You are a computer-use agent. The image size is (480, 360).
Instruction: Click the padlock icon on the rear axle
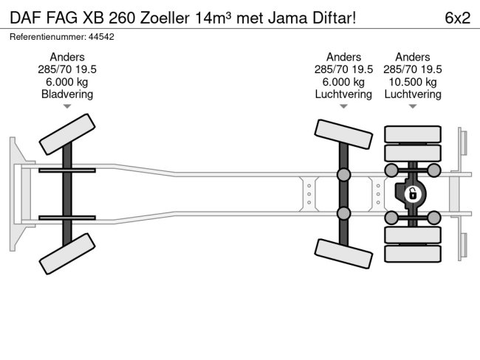413,194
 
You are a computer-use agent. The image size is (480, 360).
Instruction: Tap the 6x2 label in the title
458,18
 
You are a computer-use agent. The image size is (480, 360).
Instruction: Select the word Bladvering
67,94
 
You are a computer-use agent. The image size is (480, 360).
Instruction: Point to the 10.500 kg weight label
413,82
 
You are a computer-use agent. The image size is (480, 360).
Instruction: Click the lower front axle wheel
67,254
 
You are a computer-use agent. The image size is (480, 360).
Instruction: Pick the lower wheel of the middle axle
343,255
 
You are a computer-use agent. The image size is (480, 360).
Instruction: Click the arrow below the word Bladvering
67,106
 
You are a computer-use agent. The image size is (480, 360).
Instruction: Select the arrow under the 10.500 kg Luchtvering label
413,106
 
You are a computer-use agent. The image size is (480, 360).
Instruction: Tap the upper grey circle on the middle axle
343,175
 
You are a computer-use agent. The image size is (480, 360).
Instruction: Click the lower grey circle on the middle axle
343,214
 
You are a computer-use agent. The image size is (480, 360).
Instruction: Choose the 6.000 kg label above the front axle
67,82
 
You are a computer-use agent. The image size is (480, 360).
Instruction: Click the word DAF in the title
24,18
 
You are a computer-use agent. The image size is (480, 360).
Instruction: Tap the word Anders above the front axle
67,58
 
